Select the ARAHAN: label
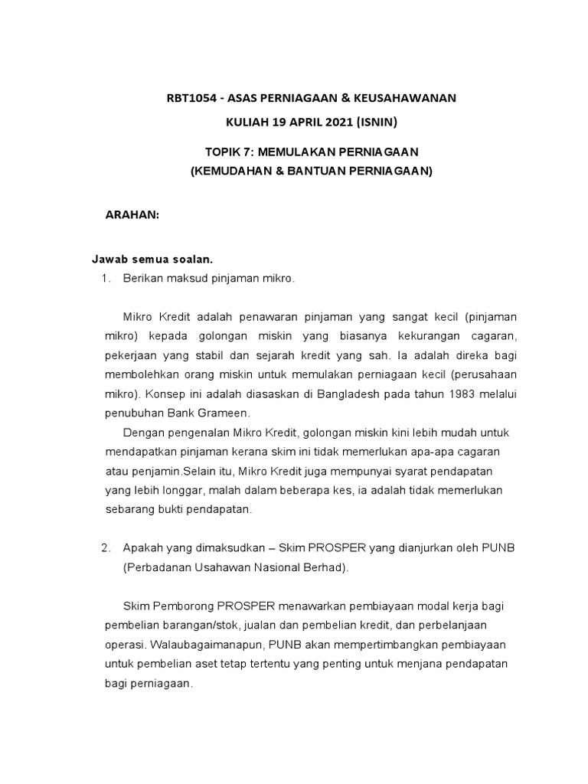click(132, 216)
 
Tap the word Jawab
click(110, 260)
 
